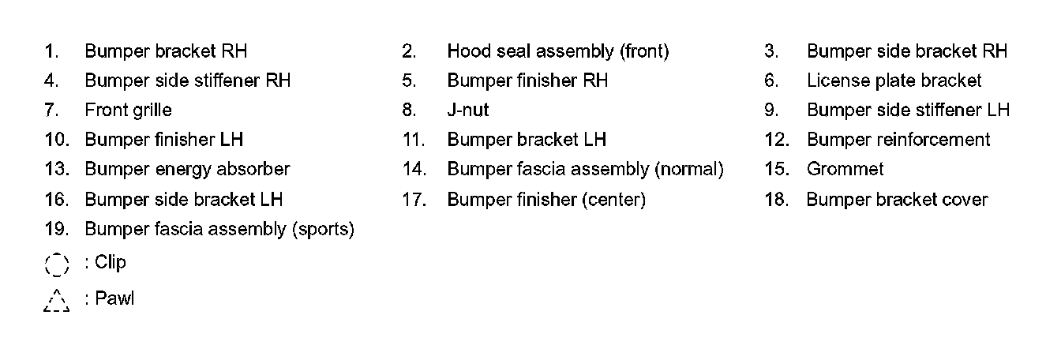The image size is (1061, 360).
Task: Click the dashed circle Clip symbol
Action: coord(57,264)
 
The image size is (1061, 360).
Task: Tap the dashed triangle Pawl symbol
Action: coord(57,301)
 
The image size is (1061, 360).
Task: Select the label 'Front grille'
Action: coord(128,110)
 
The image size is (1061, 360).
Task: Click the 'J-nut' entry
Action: coord(467,110)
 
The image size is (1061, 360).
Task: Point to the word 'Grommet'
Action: coord(845,169)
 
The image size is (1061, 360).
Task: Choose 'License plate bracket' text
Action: coord(894,81)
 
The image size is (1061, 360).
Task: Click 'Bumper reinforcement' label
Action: coord(898,140)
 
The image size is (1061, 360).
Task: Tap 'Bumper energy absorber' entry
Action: coord(187,169)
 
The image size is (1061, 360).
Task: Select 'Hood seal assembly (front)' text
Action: coord(557,51)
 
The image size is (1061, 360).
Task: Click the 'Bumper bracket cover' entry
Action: coord(897,200)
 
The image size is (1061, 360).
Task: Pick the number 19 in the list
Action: coord(56,229)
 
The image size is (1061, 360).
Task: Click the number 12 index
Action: coord(777,140)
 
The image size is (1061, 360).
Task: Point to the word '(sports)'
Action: coord(323,229)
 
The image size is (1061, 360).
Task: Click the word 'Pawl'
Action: coord(114,299)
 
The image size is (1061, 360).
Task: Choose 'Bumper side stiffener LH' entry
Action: coord(908,110)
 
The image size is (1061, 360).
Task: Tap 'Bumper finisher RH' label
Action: coord(527,81)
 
